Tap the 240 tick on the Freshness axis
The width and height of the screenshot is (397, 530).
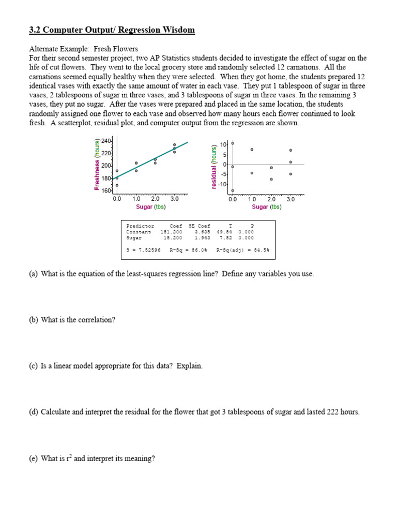click(106, 141)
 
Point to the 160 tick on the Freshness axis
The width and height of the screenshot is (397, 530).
click(106, 191)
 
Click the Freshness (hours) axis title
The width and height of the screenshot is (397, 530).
click(97, 165)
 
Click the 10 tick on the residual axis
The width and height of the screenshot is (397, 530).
click(223, 144)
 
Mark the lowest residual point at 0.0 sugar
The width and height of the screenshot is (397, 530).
click(233, 190)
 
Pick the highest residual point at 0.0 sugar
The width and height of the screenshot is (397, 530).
click(233, 143)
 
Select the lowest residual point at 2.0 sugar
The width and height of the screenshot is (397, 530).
click(271, 179)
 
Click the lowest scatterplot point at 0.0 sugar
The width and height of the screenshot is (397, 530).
click(117, 185)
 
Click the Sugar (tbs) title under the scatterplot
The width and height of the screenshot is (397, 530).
click(151, 207)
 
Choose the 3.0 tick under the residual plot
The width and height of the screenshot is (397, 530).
click(291, 199)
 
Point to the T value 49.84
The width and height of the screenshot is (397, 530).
click(225, 232)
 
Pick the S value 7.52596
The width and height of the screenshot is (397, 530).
click(148, 249)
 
